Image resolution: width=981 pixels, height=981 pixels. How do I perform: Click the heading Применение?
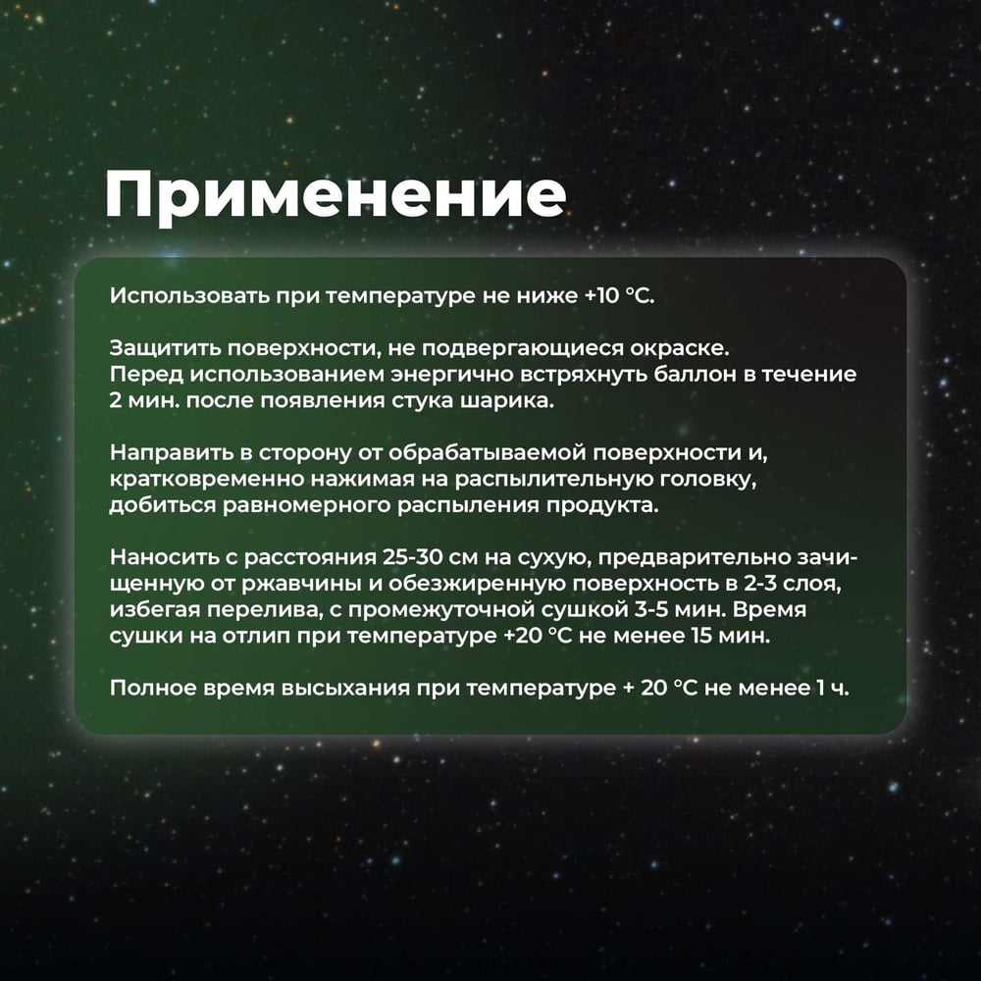[336, 196]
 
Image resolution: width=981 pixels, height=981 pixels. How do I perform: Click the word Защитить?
[164, 348]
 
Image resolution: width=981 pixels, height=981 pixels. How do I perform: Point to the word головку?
[710, 480]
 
